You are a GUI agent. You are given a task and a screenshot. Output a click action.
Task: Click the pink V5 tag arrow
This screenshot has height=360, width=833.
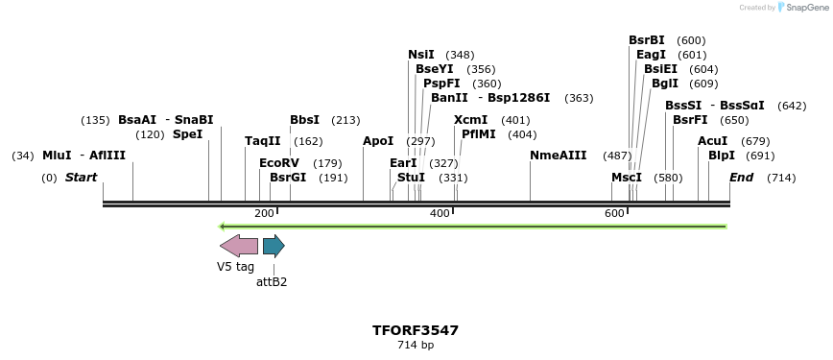(238, 246)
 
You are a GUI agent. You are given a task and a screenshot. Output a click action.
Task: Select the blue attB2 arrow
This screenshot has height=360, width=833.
(274, 246)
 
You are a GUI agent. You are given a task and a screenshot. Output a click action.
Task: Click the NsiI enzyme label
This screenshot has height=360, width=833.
(421, 55)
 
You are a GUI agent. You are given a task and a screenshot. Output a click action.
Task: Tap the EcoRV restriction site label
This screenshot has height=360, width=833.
(279, 163)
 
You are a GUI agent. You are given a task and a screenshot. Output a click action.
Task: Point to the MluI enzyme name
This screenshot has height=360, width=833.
(57, 156)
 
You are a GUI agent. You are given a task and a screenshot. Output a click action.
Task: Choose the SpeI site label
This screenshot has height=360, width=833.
(187, 134)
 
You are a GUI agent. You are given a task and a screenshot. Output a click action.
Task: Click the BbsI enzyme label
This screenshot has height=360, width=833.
(304, 120)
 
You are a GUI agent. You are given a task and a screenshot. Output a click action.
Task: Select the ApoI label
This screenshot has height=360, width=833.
(378, 141)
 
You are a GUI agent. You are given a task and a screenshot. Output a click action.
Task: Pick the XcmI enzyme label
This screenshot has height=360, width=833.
(470, 120)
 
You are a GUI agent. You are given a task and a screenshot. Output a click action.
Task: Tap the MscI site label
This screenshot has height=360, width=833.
(627, 178)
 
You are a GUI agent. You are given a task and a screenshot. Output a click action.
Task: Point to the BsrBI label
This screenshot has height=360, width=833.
(646, 40)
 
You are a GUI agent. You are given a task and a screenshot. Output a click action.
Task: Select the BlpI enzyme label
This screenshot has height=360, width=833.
(722, 156)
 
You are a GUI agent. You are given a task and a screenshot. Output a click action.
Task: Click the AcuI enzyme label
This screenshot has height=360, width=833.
(713, 141)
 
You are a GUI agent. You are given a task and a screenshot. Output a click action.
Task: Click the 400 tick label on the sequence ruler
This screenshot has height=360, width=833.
(440, 213)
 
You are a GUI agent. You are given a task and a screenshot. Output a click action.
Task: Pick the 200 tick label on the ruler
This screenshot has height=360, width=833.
(264, 213)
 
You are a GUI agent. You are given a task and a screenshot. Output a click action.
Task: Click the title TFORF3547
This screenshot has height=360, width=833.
(416, 330)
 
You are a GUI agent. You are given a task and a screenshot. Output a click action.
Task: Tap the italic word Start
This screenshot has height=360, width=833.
(81, 178)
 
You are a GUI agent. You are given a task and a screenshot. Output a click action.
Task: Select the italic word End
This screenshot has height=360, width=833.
(741, 178)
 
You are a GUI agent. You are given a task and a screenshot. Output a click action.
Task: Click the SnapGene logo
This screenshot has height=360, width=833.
(801, 8)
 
